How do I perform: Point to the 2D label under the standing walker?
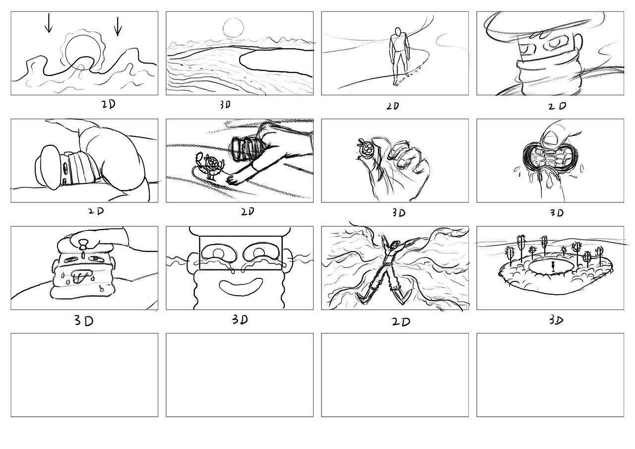[393, 106]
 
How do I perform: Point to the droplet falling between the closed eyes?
[83, 255]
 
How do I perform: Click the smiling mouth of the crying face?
[241, 286]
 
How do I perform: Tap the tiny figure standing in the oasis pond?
[553, 266]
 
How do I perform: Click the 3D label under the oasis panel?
[556, 321]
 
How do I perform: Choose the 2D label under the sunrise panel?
[109, 105]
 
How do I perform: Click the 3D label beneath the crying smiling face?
[240, 320]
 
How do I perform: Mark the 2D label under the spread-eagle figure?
[401, 321]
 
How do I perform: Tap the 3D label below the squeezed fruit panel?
[557, 213]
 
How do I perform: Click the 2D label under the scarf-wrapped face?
[557, 106]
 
